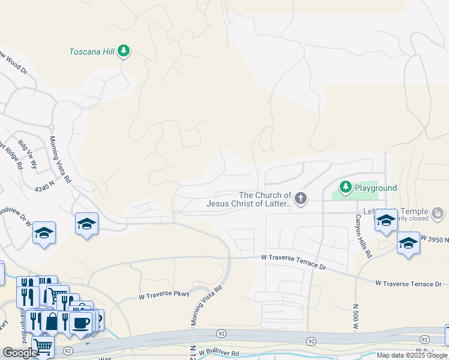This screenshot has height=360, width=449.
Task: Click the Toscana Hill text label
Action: click(91, 52)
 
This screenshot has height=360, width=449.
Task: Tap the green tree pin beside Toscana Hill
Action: click(124, 51)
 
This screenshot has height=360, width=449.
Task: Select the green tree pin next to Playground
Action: click(345, 188)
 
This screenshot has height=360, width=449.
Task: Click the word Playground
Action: click(375, 188)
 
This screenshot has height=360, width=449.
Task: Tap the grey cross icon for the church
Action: click(301, 197)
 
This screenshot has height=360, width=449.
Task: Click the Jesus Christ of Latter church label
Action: click(249, 203)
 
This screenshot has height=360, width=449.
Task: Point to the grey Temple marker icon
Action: click(438, 212)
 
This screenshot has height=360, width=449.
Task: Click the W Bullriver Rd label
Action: click(219, 352)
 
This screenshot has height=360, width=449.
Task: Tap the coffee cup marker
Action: click(80, 323)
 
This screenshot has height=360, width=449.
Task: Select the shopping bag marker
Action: click(52, 322)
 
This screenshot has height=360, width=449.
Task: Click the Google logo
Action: click(20, 353)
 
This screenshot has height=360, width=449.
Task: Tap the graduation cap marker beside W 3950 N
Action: click(408, 243)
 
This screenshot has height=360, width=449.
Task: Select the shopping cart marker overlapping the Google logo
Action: click(43, 347)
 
